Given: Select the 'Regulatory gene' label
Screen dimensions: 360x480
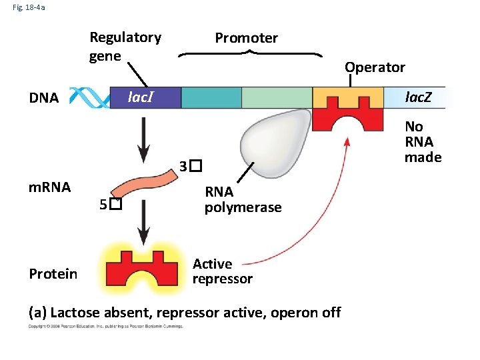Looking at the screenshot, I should coord(125,46).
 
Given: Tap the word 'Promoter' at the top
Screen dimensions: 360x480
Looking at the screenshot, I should coord(246,38).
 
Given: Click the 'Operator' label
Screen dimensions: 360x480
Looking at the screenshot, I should coord(374,67).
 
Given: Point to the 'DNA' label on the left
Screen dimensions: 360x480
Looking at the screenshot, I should coord(44,99).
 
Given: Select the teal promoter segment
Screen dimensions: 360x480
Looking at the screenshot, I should coord(211,97).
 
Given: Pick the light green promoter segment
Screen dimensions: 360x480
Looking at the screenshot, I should coord(276,97).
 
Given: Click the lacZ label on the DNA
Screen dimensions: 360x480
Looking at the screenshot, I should coord(419,97).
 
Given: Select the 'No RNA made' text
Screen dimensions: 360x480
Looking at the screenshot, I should coord(422,142).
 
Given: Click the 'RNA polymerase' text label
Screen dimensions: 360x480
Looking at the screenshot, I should coord(243,200).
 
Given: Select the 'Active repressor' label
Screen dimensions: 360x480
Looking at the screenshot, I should coord(222,271).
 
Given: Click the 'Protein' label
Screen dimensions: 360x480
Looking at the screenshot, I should coord(53,274).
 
